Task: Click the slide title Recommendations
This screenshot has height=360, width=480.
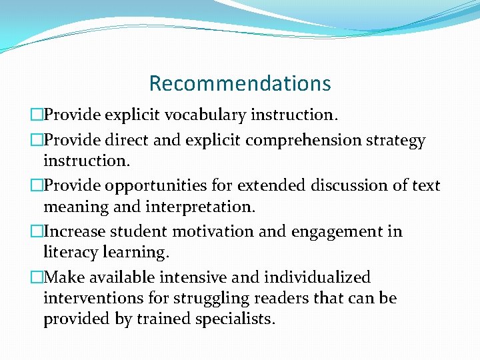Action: tap(240, 83)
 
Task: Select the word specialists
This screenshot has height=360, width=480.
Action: tap(235, 319)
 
